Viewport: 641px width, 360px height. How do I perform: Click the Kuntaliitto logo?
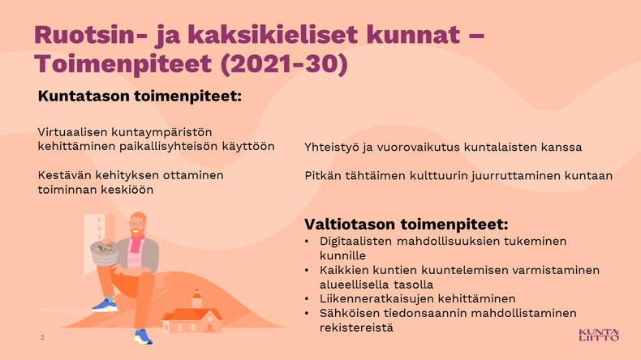click(x=599, y=335)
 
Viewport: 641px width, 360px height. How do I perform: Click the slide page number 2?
click(x=42, y=337)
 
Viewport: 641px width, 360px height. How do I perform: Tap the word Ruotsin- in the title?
click(x=90, y=35)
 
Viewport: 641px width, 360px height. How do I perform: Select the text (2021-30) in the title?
click(x=284, y=64)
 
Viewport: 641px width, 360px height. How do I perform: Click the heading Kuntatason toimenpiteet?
click(x=140, y=96)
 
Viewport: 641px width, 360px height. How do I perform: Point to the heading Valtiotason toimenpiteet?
click(x=407, y=224)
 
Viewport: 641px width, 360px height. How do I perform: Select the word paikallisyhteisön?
click(x=169, y=146)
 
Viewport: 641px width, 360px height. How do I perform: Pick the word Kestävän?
click(x=65, y=175)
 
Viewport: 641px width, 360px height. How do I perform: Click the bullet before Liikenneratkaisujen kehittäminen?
click(x=307, y=299)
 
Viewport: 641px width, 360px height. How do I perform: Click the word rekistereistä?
click(x=356, y=328)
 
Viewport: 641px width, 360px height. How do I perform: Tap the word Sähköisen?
click(x=350, y=313)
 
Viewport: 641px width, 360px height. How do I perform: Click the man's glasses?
click(x=136, y=224)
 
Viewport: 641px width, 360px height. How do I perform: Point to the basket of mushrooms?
click(x=104, y=252)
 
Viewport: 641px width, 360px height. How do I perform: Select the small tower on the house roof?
click(x=197, y=298)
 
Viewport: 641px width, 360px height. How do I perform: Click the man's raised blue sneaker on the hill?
click(x=105, y=305)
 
